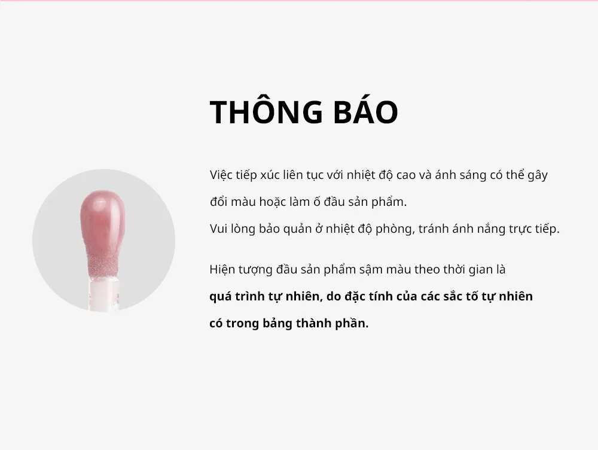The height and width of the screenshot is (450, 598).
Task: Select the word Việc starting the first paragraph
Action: point(221,175)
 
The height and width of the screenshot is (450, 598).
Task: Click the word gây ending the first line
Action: point(538,175)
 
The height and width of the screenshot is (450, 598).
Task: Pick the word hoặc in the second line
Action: point(272,202)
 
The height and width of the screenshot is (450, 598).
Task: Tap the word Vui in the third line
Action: point(218,229)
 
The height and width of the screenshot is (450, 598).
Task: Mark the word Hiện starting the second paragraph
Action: point(222,269)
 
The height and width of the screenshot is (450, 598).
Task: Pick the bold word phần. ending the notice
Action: point(352,323)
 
